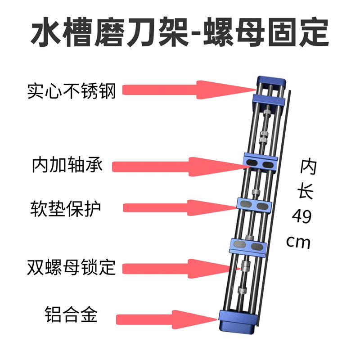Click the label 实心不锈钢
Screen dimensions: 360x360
(x=72, y=91)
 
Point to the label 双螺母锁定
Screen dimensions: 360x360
(x=72, y=268)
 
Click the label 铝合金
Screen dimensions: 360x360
(x=71, y=314)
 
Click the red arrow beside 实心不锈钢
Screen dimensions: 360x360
(x=184, y=90)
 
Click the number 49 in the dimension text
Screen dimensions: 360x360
(x=301, y=218)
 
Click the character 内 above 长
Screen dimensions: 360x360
(x=309, y=168)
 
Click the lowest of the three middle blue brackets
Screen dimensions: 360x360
(x=247, y=245)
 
